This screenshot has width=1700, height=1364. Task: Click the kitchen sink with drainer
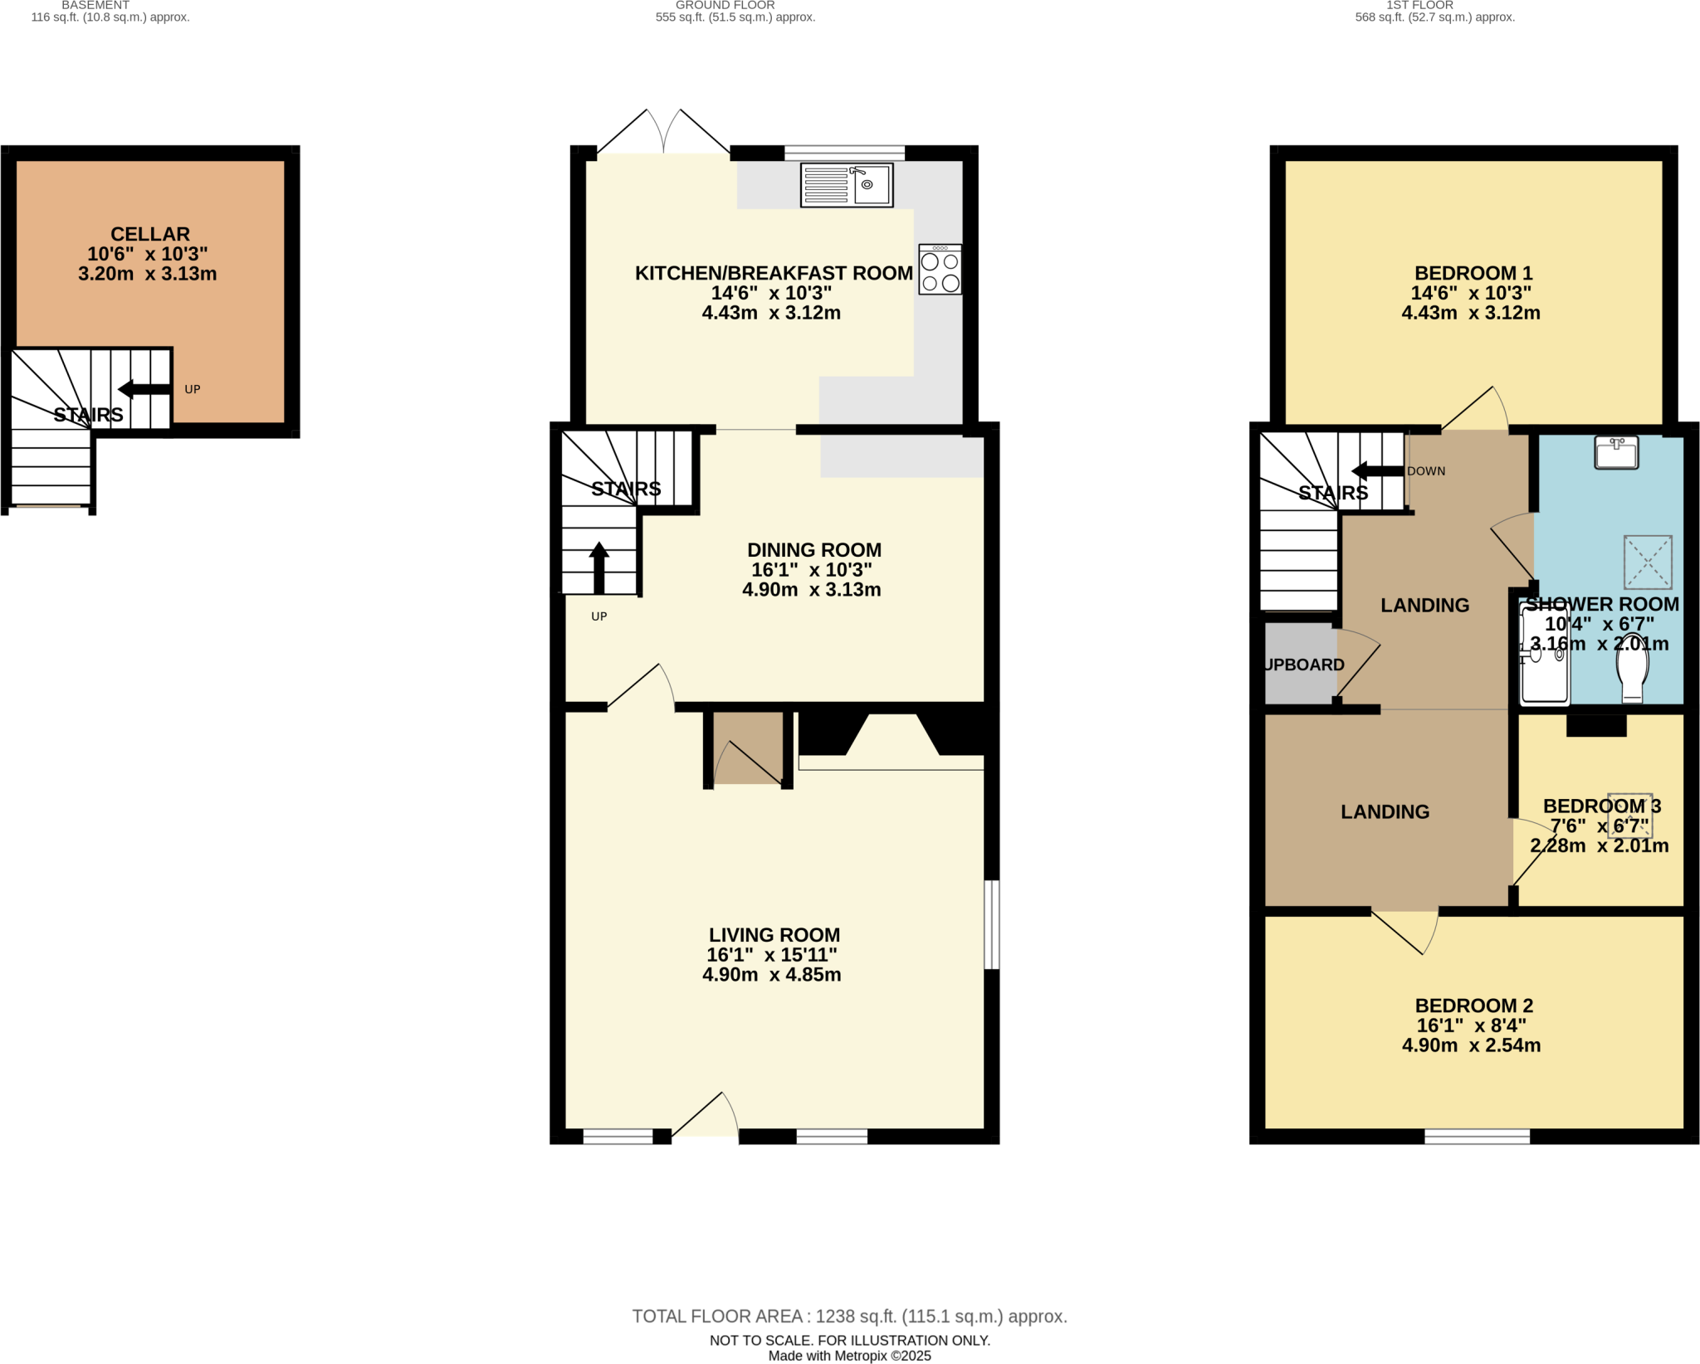click(846, 184)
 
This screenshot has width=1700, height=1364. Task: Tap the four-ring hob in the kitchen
click(940, 270)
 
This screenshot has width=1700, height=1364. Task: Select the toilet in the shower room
click(1632, 669)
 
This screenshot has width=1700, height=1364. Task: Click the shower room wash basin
click(1615, 453)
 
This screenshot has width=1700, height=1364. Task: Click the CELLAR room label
click(150, 234)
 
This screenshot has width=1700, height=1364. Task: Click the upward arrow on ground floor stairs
click(598, 568)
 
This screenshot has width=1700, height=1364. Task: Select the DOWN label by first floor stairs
click(1426, 471)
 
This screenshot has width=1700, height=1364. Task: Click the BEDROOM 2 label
click(1473, 1006)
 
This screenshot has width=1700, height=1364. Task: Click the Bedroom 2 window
click(1477, 1137)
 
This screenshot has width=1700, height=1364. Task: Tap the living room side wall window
click(991, 924)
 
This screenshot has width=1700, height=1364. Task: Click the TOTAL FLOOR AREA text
click(849, 1316)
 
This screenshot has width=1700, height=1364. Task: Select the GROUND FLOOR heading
click(725, 6)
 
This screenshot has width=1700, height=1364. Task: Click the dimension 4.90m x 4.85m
click(771, 975)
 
